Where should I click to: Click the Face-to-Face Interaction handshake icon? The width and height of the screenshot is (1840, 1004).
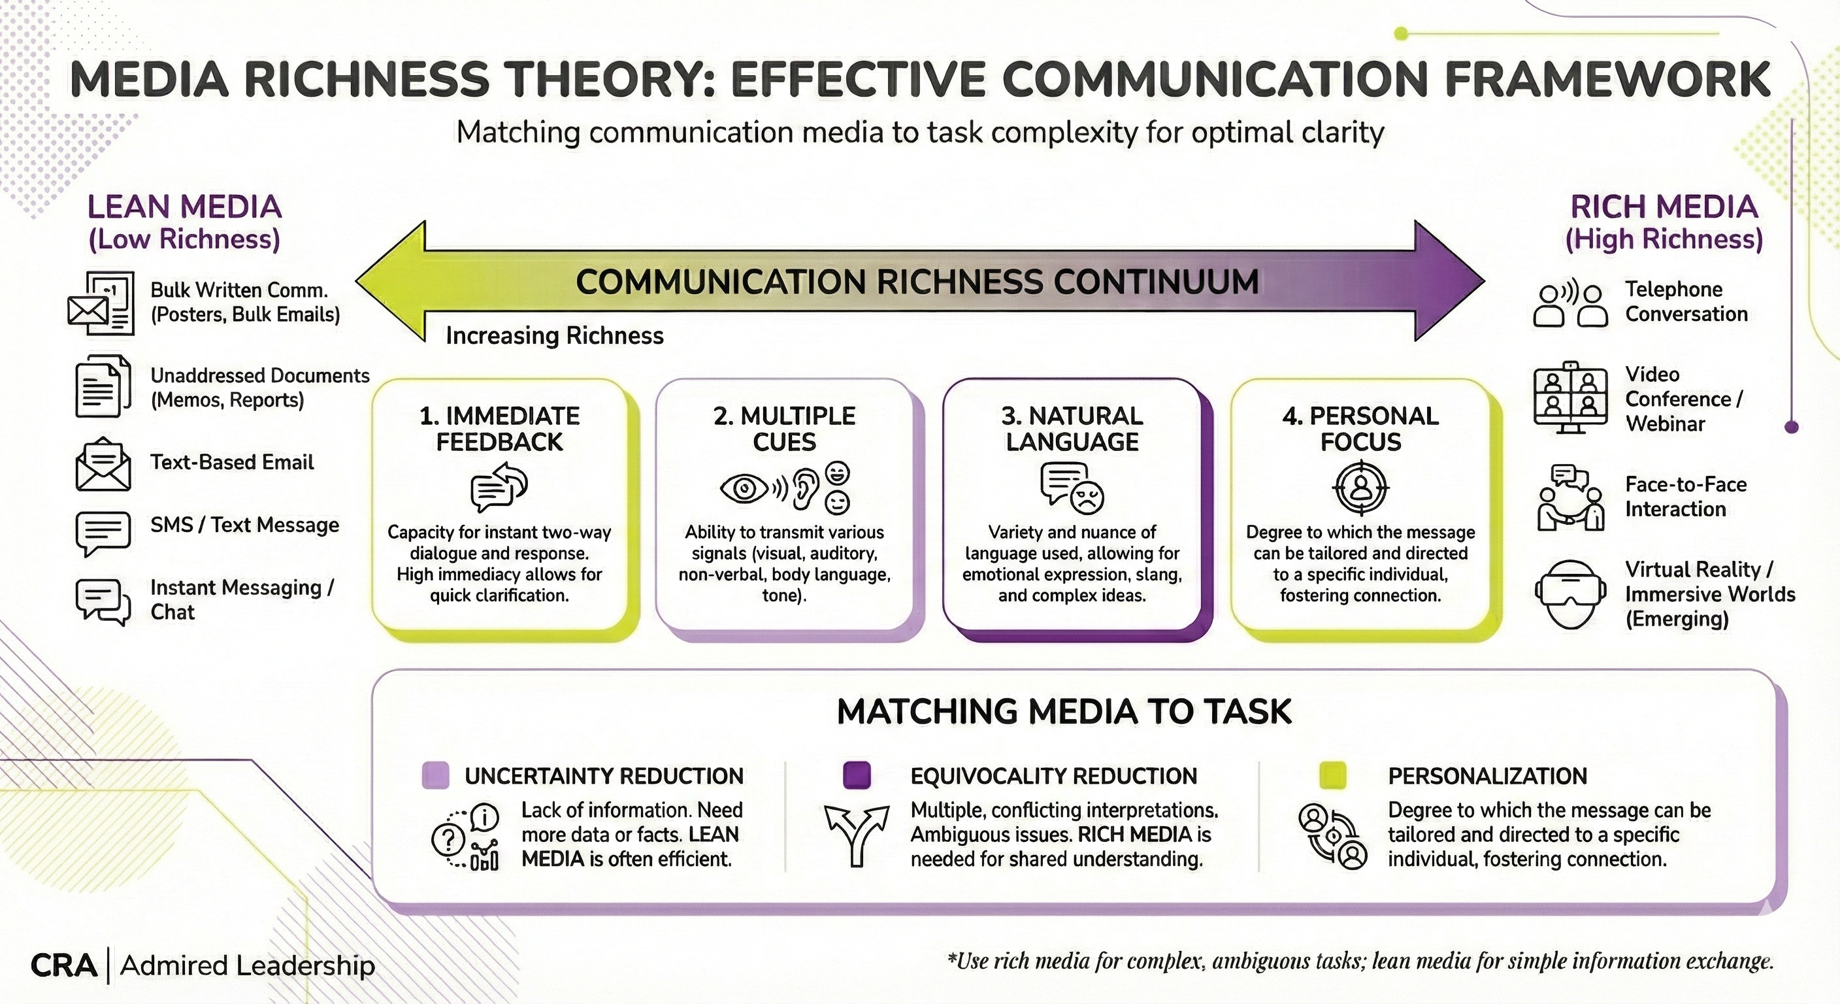(x=1570, y=497)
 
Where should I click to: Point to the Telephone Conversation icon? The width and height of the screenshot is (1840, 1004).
(x=1570, y=305)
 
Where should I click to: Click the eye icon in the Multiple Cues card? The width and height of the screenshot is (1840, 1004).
(x=744, y=489)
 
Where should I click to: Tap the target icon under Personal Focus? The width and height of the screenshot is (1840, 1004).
(x=1360, y=488)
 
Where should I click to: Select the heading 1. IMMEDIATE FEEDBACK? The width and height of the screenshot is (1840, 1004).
(x=499, y=429)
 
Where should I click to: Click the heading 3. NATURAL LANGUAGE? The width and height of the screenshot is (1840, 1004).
(x=1072, y=429)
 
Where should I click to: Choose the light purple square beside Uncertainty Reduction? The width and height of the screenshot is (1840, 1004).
(x=436, y=775)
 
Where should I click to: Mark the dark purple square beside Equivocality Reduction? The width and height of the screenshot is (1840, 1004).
(x=857, y=775)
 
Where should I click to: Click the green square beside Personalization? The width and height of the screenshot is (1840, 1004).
(x=1333, y=775)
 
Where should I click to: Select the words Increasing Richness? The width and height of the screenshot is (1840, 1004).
(x=554, y=335)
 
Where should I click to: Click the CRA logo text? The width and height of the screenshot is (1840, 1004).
(x=63, y=966)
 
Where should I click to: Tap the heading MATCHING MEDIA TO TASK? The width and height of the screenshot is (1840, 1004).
(x=1064, y=712)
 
